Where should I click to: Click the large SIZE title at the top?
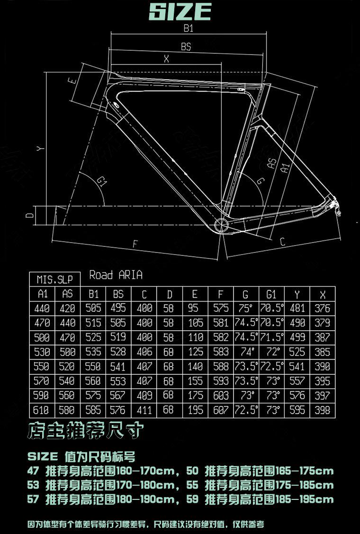[x=180, y=11]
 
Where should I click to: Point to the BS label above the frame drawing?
[x=186, y=46]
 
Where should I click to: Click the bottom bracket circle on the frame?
[x=221, y=224]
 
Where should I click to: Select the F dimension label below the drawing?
[x=135, y=244]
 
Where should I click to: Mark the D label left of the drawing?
[x=29, y=216]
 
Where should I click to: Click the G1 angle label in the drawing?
[x=101, y=181]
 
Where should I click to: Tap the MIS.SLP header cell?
[x=55, y=280]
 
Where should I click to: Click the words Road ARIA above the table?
[x=116, y=275]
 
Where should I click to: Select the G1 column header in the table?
[x=271, y=294]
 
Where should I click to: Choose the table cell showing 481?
[x=297, y=308]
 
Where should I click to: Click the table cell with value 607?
[x=221, y=410]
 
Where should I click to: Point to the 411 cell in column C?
[x=144, y=410]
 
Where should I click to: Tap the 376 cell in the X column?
[x=323, y=308]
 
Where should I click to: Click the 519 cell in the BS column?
[x=118, y=338]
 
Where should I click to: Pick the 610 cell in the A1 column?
[x=42, y=410]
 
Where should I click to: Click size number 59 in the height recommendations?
[x=192, y=499]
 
